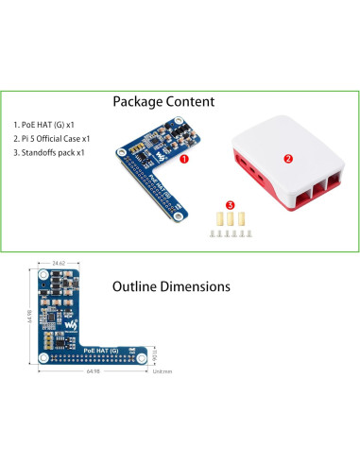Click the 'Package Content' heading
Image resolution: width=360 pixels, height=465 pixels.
pos(163,101)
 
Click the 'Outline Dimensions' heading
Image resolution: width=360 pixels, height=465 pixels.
pos(170,284)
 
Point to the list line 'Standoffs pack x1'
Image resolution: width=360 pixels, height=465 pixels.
pos(49,152)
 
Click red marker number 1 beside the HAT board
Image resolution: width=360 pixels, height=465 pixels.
pos(183,160)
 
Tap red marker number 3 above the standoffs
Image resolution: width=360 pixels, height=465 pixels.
pos(230,203)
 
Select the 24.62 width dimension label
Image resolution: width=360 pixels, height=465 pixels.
pos(59,261)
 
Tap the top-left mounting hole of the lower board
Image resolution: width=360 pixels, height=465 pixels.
pos(44,272)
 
